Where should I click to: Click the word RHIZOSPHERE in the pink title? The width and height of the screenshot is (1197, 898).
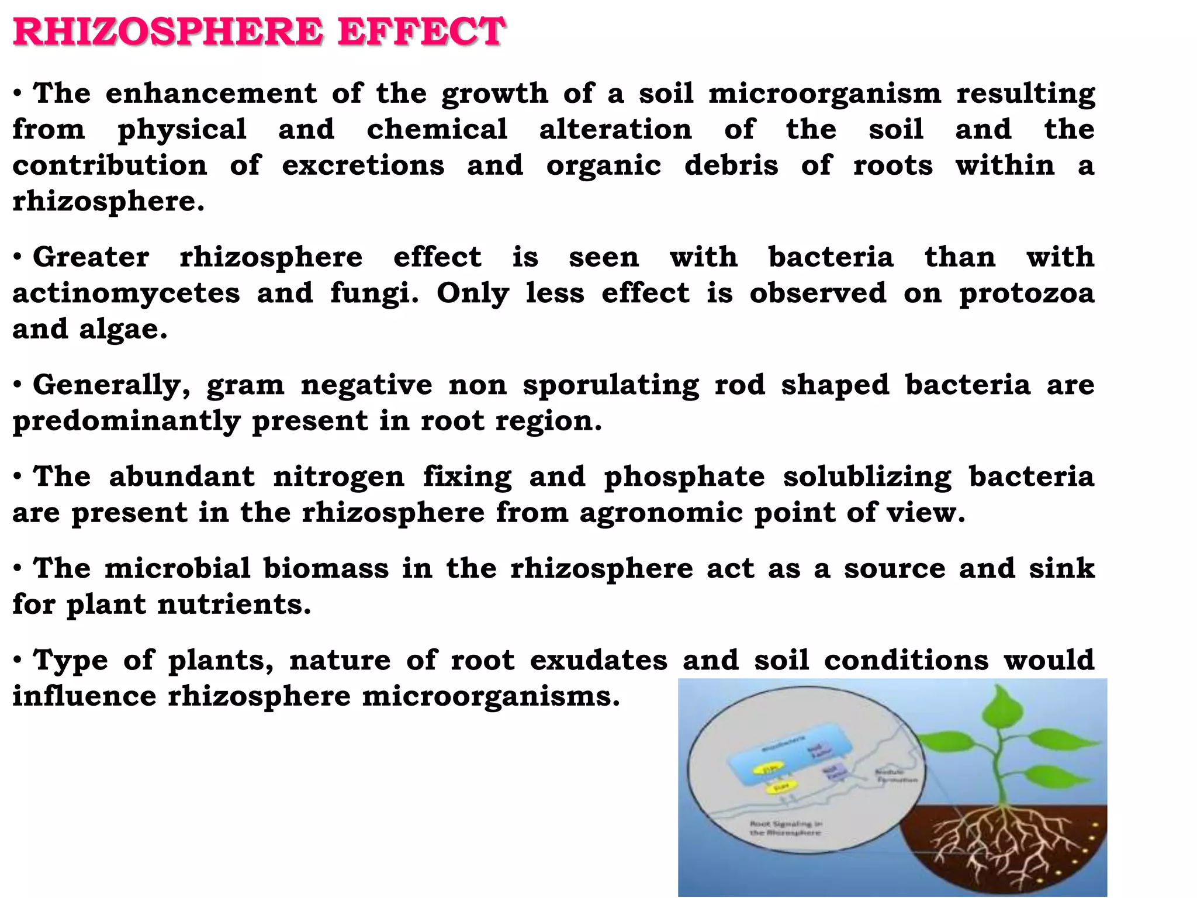pyautogui.click(x=167, y=32)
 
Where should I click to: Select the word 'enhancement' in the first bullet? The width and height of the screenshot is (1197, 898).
pyautogui.click(x=211, y=94)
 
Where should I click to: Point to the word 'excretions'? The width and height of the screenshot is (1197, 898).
pyautogui.click(x=363, y=165)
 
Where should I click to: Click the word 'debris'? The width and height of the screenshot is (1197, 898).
pyautogui.click(x=731, y=165)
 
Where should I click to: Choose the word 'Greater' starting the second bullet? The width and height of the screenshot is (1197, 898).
pyautogui.click(x=91, y=257)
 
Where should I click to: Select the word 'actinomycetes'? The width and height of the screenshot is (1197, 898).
pyautogui.click(x=126, y=293)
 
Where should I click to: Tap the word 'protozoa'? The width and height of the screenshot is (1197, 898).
pyautogui.click(x=1026, y=293)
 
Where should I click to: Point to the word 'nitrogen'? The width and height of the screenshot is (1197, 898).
pyautogui.click(x=338, y=477)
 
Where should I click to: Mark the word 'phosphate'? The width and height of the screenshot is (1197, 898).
pyautogui.click(x=684, y=477)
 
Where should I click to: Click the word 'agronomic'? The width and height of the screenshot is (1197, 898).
pyautogui.click(x=660, y=513)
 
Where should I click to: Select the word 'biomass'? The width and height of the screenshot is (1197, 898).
pyautogui.click(x=326, y=568)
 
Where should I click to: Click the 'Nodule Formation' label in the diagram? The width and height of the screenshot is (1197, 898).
pyautogui.click(x=896, y=776)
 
